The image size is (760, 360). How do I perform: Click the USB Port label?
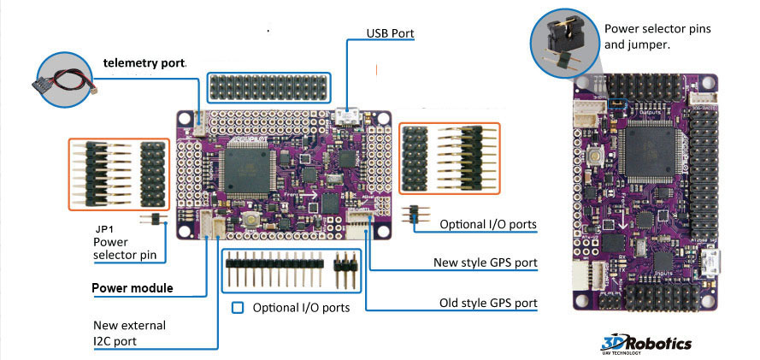(391, 33)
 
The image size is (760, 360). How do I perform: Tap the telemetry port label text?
(144, 62)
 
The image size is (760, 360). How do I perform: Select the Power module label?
(133, 288)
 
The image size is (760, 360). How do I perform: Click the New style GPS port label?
(487, 263)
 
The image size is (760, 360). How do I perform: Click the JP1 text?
(105, 229)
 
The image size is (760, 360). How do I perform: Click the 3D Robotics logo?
(646, 344)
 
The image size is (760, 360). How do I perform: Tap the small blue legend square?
(238, 307)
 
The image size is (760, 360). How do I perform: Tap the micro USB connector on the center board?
(348, 115)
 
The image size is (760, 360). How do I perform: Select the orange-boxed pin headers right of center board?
(449, 160)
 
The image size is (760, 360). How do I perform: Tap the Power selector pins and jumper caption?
(657, 36)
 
